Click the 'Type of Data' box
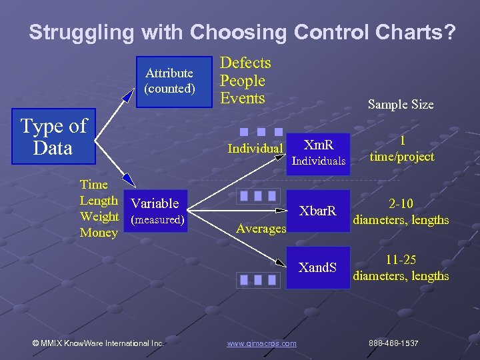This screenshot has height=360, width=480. pos(53,136)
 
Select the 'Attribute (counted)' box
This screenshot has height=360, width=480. pos(169,81)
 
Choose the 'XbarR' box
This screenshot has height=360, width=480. pos(318,211)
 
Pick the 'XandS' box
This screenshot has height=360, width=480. pos(318,268)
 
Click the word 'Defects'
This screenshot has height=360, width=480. pos(245,63)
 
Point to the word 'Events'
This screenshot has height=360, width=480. pos(243,99)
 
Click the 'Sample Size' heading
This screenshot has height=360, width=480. pos(401,104)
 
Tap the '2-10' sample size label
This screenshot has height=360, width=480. pos(401,204)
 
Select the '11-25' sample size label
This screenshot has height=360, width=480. pos(401,260)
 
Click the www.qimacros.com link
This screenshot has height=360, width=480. pos(261,343)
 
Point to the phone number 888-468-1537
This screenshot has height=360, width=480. pos(393,343)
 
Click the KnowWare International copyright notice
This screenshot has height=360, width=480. pos(98,343)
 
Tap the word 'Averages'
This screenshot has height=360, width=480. pos(261,229)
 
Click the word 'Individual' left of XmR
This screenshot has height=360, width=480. pos(255,148)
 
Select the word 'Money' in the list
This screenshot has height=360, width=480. pos(99,233)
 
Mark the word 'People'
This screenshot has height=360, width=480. pos(243,81)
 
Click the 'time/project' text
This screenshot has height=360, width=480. pos(402,157)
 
